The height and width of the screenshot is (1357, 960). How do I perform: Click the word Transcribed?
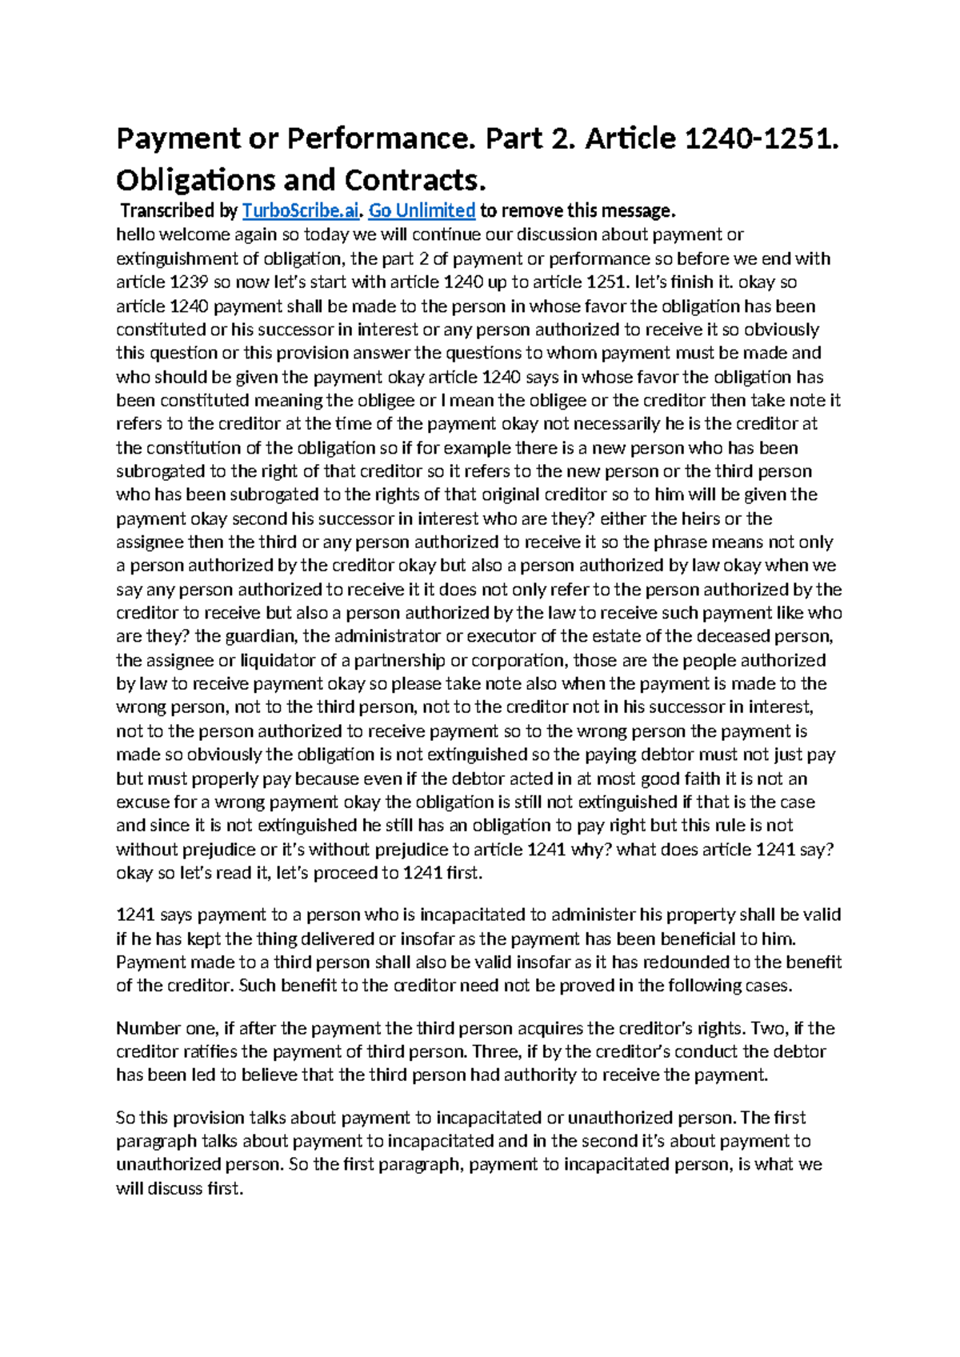[x=167, y=211]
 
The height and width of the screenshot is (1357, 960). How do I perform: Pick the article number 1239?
[x=191, y=282]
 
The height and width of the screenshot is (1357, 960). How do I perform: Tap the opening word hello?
[x=137, y=235]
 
